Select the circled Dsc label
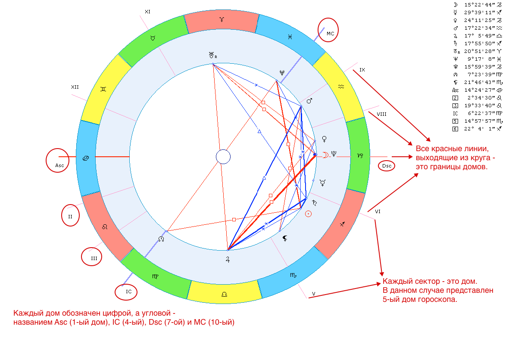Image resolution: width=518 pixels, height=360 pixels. point(386,165)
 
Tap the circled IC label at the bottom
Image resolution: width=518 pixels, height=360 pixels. point(127,292)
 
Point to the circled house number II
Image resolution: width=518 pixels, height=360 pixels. point(70,217)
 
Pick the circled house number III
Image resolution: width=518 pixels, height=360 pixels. point(93,258)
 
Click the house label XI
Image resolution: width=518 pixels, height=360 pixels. point(147,12)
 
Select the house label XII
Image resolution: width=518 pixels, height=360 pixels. point(75,87)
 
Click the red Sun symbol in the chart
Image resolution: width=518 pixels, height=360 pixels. point(308,214)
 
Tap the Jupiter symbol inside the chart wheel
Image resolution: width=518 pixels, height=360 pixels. point(228,259)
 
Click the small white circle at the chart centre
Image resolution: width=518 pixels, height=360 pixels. point(223,157)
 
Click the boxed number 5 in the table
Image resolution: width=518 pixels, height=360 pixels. point(455,121)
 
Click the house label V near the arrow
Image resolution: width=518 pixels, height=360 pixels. point(314,294)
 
